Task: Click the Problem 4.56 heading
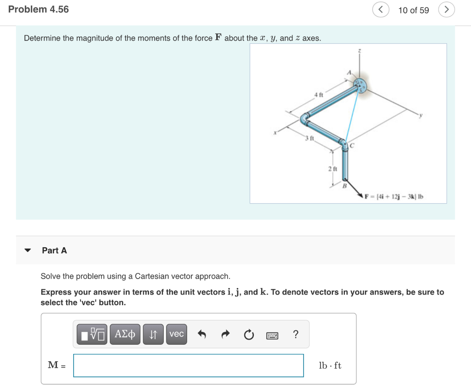(x=39, y=9)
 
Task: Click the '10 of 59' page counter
(x=414, y=10)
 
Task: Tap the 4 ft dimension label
(x=319, y=95)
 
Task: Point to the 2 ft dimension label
(x=333, y=169)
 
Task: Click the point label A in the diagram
(x=349, y=73)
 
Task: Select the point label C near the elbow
(x=353, y=146)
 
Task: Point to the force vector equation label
(x=394, y=197)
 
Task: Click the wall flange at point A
(x=361, y=85)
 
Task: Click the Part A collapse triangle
(x=28, y=250)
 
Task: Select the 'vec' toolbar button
(x=176, y=334)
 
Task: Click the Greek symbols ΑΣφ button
(x=125, y=334)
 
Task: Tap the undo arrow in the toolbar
(x=201, y=334)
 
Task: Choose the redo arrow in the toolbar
(x=225, y=334)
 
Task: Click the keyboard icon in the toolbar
(x=272, y=335)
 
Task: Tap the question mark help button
(x=295, y=334)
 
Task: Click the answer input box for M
(x=189, y=365)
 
